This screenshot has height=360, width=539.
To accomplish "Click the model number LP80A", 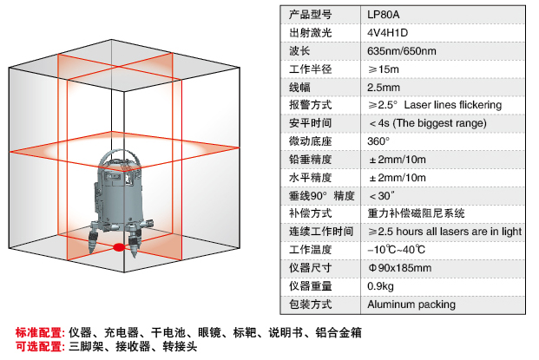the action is coord(384,15).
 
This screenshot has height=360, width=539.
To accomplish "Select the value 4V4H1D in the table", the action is coord(387,33).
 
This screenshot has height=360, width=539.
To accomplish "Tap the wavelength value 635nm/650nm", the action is coord(402,51).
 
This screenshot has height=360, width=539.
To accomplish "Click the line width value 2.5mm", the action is coord(384,88).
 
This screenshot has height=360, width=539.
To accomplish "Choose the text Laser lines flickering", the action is coord(453,105).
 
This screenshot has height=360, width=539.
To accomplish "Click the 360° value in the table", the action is coord(378,141).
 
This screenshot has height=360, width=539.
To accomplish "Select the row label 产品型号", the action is coord(311,15).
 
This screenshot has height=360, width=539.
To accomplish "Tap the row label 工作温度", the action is coord(311,250).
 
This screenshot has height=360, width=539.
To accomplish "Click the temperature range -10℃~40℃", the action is coord(396,250).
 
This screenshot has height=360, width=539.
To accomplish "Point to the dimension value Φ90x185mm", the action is coord(400,268).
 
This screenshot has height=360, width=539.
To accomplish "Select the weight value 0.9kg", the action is coord(380,286).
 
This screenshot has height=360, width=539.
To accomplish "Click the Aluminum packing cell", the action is coord(411,304).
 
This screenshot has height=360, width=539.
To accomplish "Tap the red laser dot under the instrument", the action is coord(119,247).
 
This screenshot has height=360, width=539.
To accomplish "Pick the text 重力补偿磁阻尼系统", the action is coord(416,213).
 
